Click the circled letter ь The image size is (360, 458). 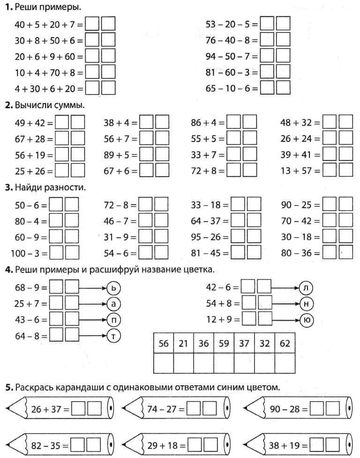(114, 287)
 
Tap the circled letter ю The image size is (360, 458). (306, 321)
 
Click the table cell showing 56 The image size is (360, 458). (163, 344)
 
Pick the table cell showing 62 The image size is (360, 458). (285, 344)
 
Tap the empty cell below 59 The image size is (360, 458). (224, 363)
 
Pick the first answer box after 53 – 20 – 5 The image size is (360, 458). (267, 24)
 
